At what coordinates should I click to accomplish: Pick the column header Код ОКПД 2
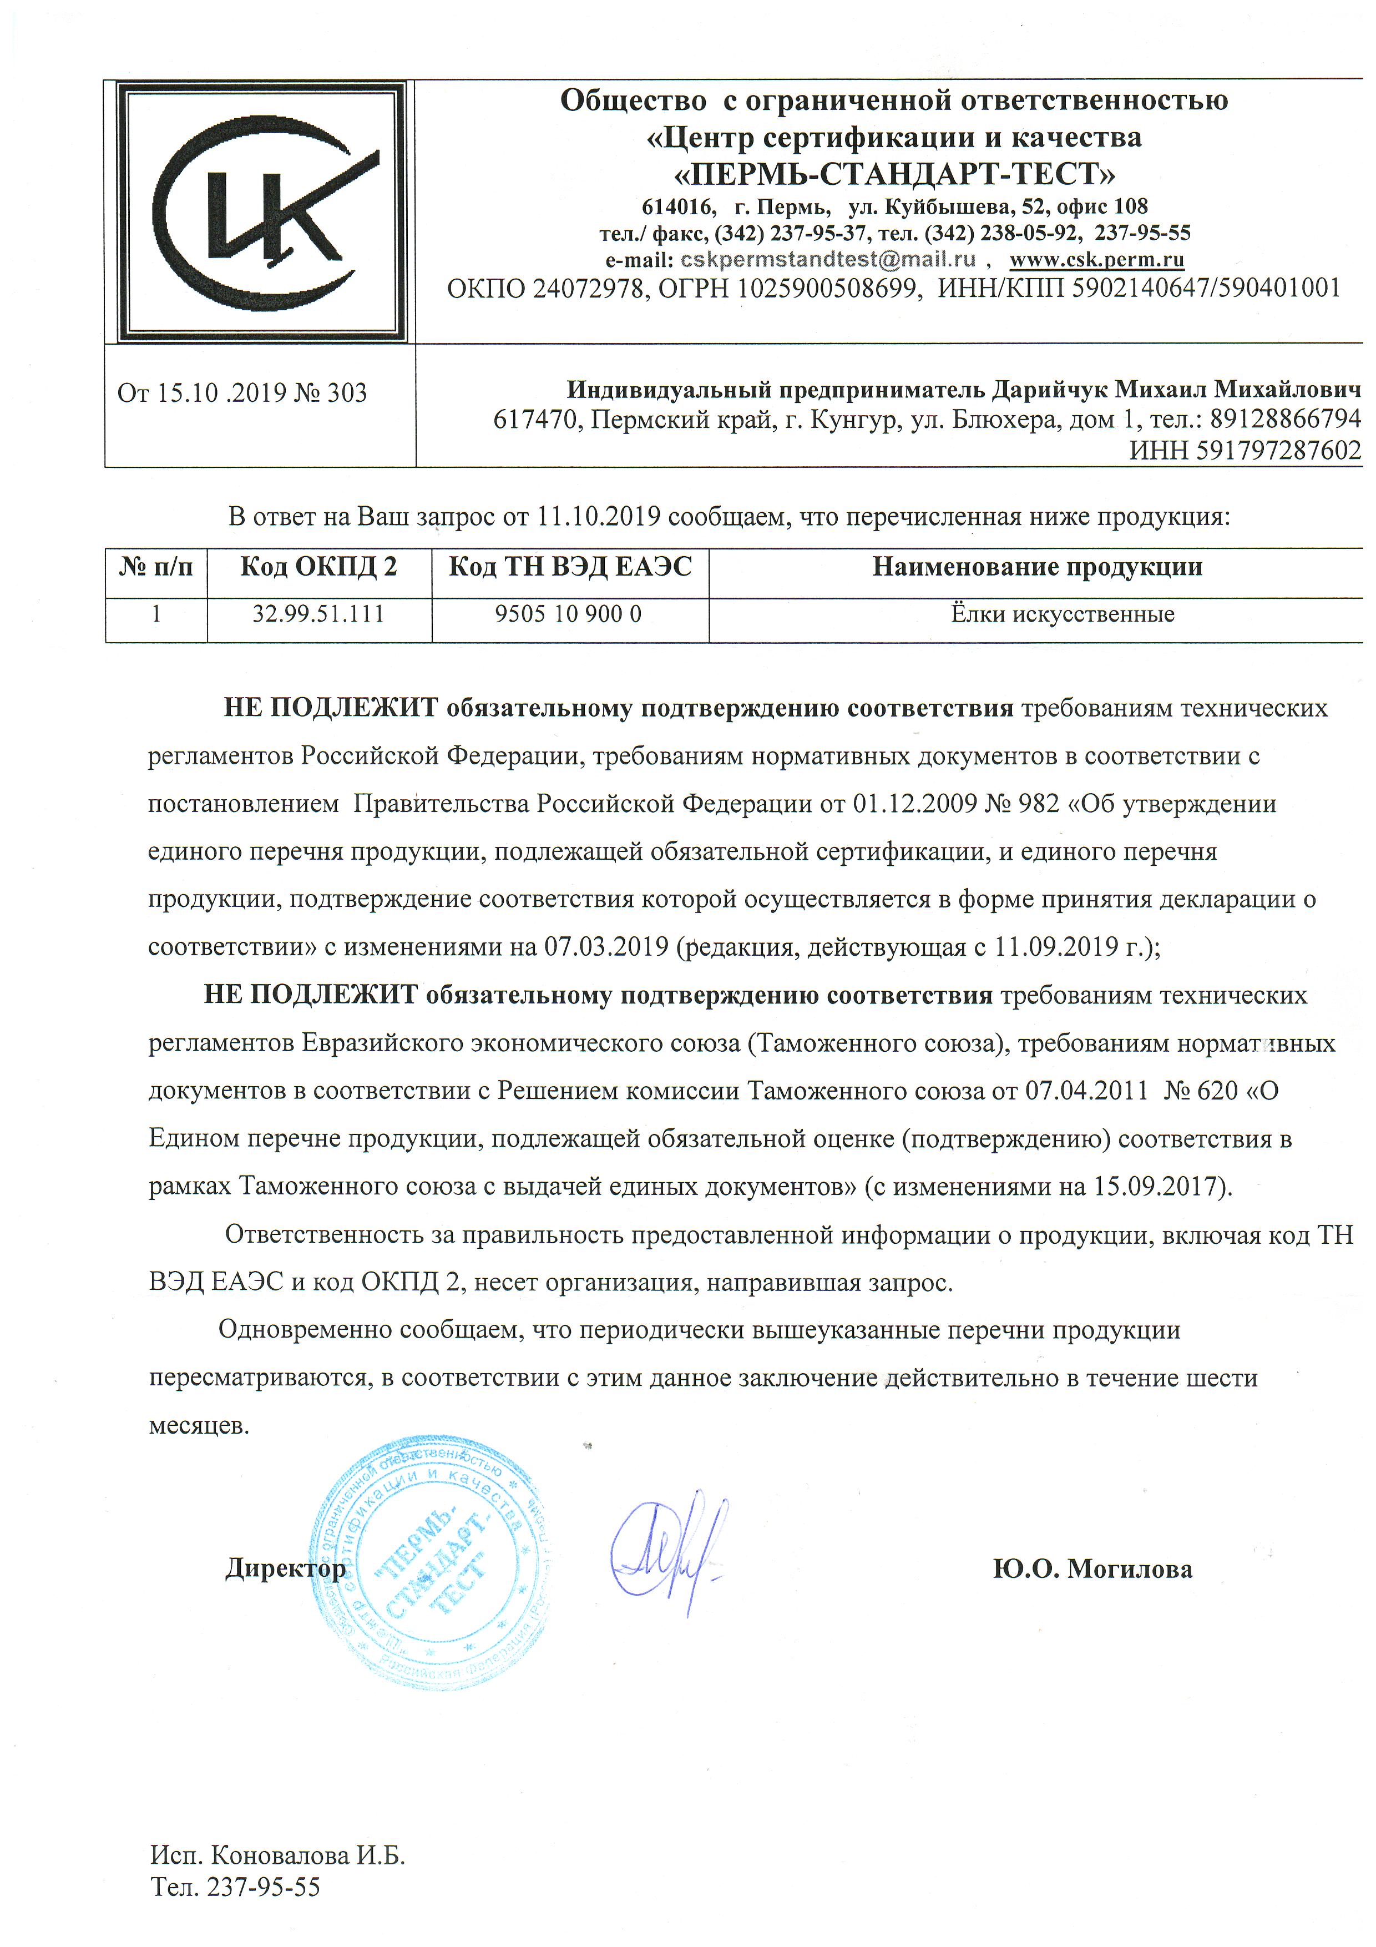[319, 567]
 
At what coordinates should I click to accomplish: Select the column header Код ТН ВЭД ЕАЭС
[570, 567]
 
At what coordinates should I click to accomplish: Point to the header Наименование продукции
[1037, 567]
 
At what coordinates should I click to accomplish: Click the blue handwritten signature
[666, 1545]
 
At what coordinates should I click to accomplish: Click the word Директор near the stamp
[285, 1569]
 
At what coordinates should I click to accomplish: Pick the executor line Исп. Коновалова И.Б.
[278, 1857]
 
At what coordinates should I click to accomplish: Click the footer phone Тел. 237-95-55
[236, 1887]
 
